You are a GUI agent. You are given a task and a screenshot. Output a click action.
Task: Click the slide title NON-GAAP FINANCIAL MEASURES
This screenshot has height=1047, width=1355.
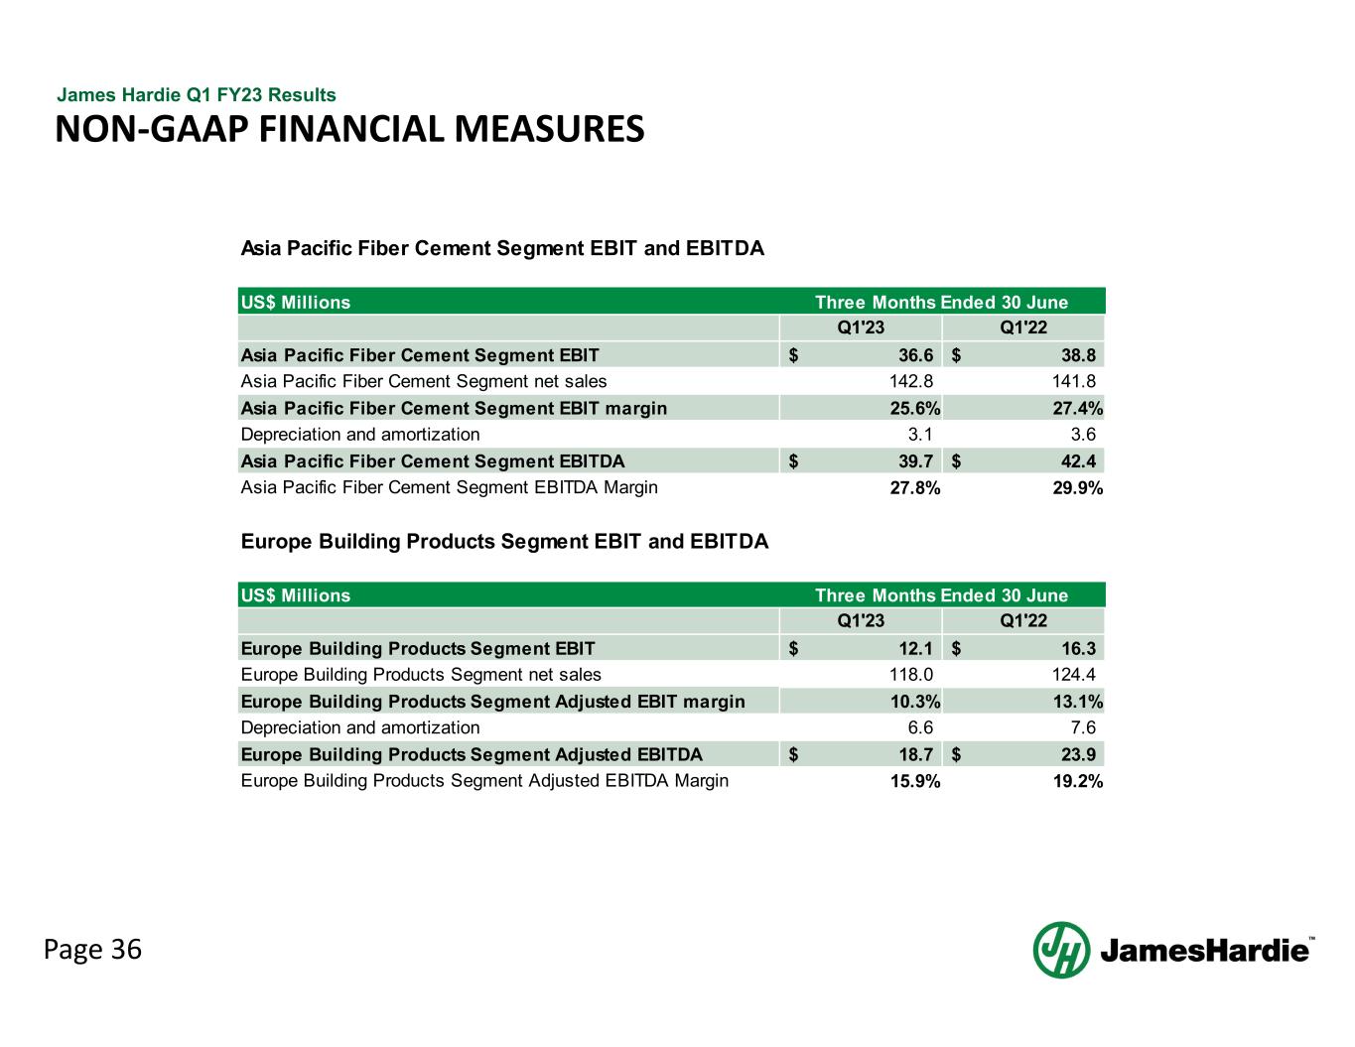(349, 129)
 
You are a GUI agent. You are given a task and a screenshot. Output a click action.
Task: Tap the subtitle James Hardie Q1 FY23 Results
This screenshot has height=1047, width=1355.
(197, 95)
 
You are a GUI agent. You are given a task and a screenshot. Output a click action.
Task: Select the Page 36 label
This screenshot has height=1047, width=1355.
(92, 950)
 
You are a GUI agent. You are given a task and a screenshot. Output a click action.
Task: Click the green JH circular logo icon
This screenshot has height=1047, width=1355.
(1061, 950)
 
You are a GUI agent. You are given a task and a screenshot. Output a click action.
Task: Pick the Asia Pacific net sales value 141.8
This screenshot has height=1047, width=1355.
(1075, 381)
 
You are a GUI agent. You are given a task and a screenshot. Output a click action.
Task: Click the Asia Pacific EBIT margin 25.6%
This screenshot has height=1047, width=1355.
(915, 408)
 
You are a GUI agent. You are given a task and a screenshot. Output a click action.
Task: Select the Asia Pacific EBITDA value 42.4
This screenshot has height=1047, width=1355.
(1077, 461)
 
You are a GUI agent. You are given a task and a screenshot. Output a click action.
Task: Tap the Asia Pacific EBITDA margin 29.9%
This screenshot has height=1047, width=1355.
(1077, 488)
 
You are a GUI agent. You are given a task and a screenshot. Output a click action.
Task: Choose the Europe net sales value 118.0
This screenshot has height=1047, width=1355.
(910, 675)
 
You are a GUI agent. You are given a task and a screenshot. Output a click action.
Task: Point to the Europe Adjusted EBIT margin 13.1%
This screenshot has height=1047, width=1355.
(1077, 702)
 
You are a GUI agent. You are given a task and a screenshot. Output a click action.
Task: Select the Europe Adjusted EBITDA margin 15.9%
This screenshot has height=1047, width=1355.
(915, 781)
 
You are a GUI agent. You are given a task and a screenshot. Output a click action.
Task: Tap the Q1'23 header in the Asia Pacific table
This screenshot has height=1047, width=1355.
(861, 328)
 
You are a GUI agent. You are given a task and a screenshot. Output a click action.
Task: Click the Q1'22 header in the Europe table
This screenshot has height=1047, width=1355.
(1023, 622)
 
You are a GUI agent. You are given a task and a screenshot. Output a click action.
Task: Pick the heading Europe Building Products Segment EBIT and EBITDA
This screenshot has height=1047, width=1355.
(504, 542)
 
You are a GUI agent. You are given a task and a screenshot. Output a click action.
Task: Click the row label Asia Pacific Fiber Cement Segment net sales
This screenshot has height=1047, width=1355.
(424, 381)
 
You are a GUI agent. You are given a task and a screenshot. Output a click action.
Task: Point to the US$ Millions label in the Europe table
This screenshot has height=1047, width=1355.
(296, 595)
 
